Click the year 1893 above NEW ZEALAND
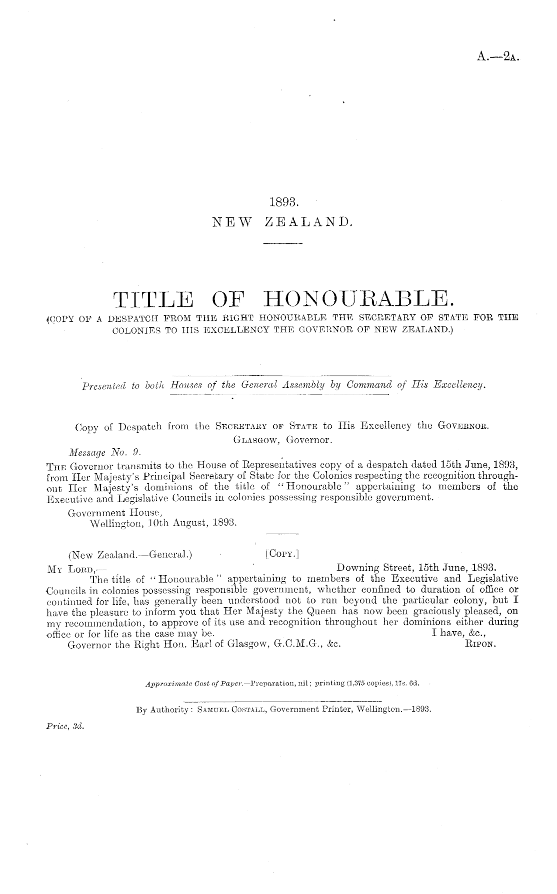[x=283, y=202]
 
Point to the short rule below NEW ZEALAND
[x=283, y=244]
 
